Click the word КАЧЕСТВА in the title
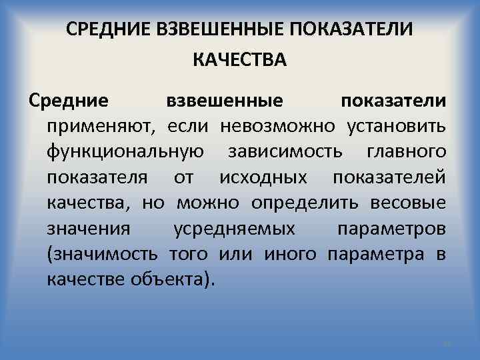pyautogui.click(x=239, y=61)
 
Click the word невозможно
pyautogui.click(x=285, y=127)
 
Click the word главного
pyautogui.click(x=407, y=152)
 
